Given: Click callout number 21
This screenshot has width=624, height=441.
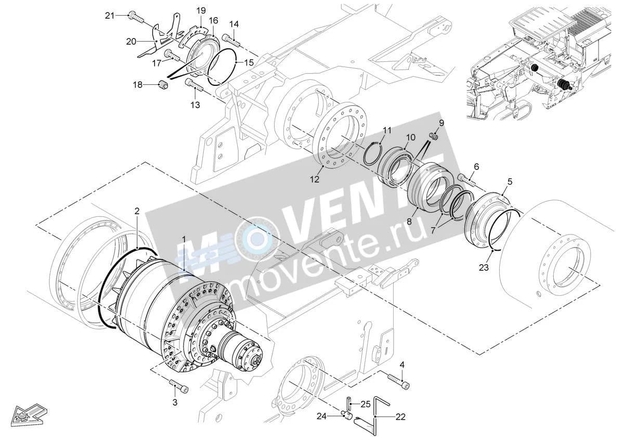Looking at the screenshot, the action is point(110,16).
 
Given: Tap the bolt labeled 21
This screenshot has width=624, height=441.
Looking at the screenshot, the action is point(136,17).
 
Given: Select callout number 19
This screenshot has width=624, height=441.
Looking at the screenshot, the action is point(201,11).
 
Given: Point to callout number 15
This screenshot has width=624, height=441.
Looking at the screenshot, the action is point(249,62).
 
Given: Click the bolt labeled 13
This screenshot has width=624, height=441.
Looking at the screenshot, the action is point(194,85).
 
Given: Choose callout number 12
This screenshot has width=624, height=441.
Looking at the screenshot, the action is point(315,180).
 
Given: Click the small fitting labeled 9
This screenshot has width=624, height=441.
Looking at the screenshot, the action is point(434,136).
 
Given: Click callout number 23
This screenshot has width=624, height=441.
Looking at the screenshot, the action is point(484,268).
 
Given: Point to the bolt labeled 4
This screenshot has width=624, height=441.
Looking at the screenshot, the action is point(399,382).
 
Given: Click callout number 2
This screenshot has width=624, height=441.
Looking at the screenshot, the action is point(137,211).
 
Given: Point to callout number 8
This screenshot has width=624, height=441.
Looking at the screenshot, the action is point(409,222).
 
